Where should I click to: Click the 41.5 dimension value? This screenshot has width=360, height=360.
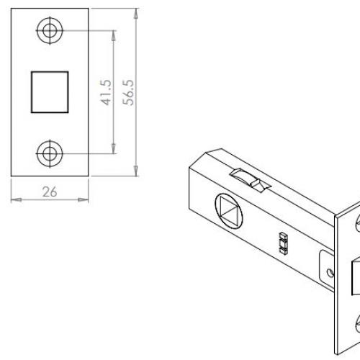[106, 92]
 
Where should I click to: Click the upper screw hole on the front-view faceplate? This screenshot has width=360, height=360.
[50, 31]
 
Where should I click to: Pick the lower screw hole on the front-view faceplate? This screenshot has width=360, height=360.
[50, 152]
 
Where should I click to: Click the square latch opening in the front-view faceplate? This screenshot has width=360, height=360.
[50, 91]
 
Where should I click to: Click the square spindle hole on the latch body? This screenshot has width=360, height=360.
[232, 212]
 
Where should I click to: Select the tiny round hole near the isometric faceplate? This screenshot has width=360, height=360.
[330, 274]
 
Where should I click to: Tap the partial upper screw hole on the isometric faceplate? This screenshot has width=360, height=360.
[356, 224]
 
